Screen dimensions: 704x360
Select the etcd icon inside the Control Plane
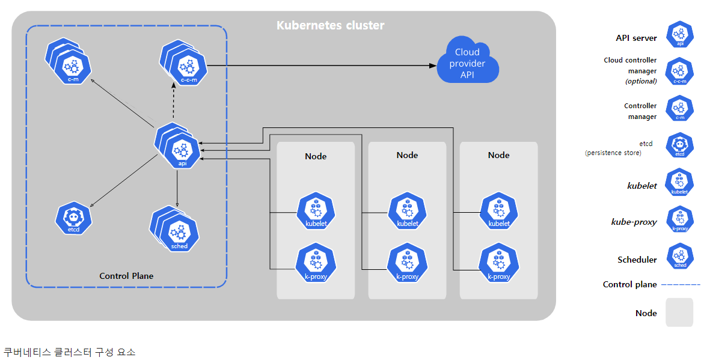click(x=73, y=219)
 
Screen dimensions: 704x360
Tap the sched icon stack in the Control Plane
click(x=175, y=229)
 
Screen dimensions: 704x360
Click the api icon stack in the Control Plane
click(x=177, y=145)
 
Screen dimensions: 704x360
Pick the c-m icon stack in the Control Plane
click(x=69, y=62)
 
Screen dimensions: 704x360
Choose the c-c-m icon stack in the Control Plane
click(x=183, y=63)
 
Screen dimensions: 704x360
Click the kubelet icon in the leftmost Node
click(x=316, y=211)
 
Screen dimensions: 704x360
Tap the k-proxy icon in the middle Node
click(x=407, y=263)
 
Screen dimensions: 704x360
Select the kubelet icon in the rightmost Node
click(x=499, y=211)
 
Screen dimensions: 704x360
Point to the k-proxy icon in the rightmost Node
click(x=499, y=263)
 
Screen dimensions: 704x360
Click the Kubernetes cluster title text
click(x=331, y=26)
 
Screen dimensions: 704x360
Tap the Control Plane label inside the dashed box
click(x=126, y=276)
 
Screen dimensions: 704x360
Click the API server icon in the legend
click(x=680, y=35)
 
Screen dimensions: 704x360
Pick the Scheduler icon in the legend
click(x=680, y=256)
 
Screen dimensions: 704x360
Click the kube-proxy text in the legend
click(x=634, y=222)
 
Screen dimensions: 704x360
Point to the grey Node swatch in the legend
click(x=679, y=313)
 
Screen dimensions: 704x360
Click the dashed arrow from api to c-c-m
click(x=174, y=102)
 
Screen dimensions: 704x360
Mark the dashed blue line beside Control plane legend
click(x=681, y=285)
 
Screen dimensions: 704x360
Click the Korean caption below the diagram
click(x=70, y=352)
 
